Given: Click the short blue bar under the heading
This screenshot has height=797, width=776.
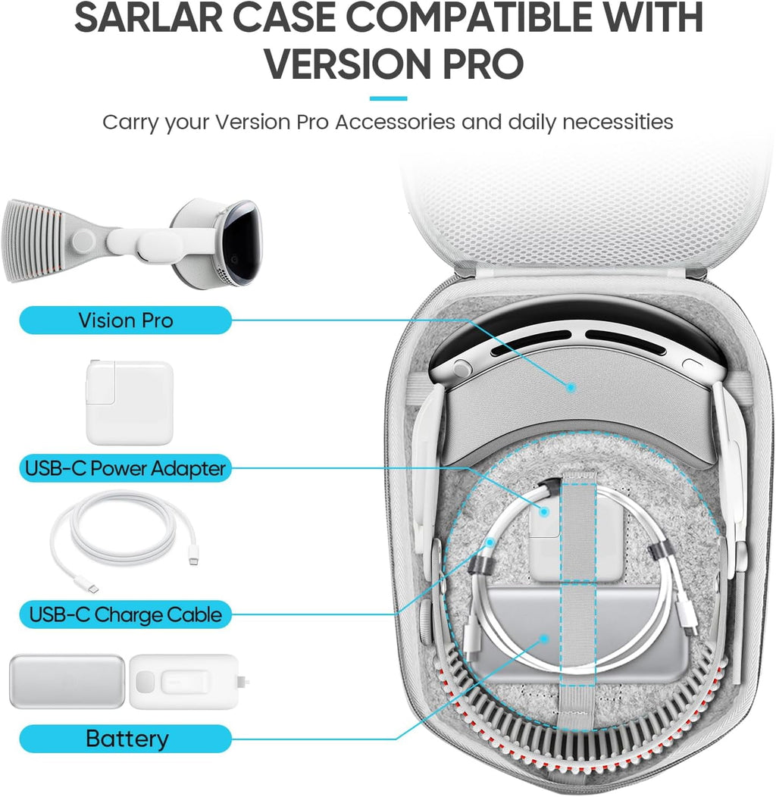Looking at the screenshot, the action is [388, 98].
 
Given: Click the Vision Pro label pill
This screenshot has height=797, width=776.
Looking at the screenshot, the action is [126, 320].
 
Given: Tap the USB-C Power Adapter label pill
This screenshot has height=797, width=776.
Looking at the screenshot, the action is [126, 468].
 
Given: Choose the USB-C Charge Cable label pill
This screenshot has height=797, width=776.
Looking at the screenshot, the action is [126, 614].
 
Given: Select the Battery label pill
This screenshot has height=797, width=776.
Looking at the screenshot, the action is [126, 739].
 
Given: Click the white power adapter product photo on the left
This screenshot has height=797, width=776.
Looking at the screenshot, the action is [130, 402].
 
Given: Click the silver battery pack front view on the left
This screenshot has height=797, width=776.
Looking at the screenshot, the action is [67, 681].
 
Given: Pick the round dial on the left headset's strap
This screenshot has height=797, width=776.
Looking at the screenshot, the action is [83, 240].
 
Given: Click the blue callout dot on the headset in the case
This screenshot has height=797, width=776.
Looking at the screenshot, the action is [571, 388].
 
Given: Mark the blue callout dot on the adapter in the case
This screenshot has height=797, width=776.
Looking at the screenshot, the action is [544, 512].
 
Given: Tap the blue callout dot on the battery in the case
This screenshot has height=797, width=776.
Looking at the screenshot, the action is [545, 639].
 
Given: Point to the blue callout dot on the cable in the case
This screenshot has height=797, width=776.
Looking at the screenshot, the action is [490, 542].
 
